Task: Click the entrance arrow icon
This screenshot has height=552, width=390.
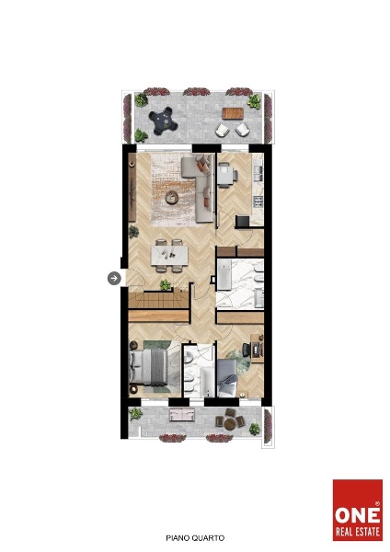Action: pos(114,279)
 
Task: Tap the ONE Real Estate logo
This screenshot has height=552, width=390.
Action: pos(358,510)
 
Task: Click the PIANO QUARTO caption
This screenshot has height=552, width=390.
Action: pos(195,538)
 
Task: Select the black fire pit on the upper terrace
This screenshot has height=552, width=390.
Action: pos(162,121)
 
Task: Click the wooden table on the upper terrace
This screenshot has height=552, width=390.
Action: pos(233,113)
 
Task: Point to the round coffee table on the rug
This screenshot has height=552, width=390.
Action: pos(172,197)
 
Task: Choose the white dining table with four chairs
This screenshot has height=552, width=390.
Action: pos(169,256)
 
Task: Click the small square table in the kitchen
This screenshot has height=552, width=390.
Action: pos(224,175)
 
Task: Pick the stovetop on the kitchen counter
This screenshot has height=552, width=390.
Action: pos(258,201)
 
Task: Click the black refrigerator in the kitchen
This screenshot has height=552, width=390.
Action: pos(243,222)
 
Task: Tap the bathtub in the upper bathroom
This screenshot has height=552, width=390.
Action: pos(224,274)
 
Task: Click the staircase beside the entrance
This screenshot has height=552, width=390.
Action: pos(159,300)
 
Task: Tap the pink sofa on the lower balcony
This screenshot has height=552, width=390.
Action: pos(182,414)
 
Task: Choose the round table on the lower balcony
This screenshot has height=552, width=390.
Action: pos(230,424)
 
